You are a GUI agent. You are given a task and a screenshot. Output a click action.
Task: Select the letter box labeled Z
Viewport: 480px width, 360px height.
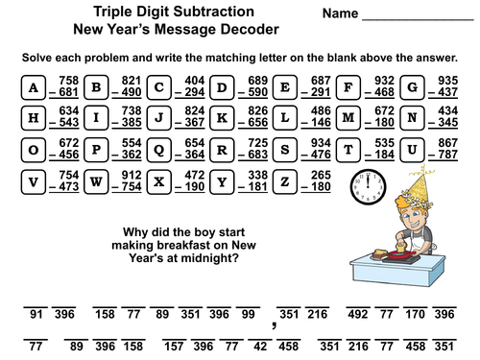click(x=284, y=181)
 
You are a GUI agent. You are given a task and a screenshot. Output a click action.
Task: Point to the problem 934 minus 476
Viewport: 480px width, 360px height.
click(x=317, y=151)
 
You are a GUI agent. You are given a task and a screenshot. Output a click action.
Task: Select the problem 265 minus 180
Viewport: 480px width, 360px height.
click(x=317, y=181)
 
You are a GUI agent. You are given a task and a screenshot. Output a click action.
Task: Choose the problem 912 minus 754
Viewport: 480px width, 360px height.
click(x=130, y=181)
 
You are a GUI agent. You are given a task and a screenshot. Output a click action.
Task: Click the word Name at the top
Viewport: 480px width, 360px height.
click(x=341, y=15)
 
